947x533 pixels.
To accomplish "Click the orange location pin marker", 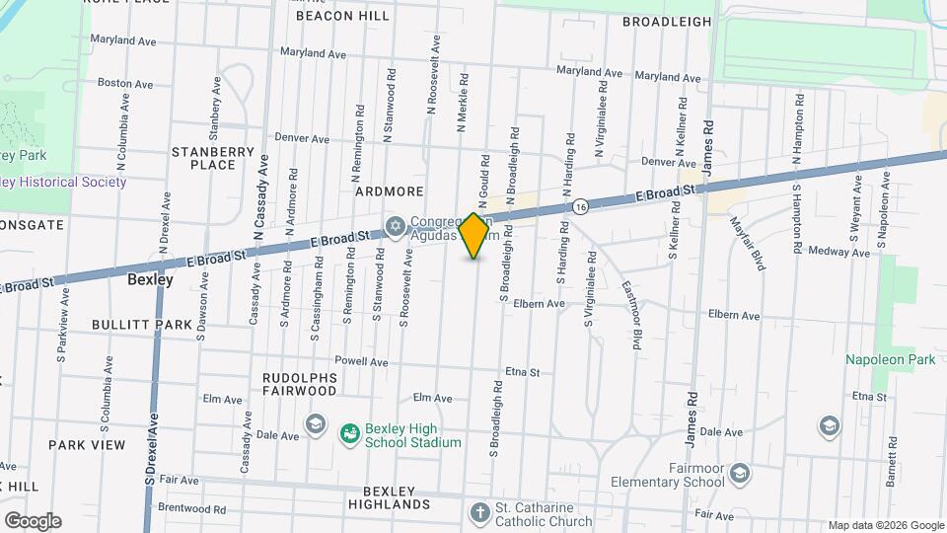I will (473, 236).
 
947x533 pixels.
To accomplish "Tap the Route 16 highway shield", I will (581, 206).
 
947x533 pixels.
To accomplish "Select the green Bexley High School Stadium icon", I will (349, 433).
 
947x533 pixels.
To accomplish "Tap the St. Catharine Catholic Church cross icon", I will (478, 513).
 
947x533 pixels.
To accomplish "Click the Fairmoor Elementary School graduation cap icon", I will (739, 476).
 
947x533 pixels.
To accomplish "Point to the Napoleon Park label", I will (889, 360).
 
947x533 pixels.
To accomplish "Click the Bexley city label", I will (150, 279).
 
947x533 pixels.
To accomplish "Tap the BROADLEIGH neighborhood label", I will (668, 21).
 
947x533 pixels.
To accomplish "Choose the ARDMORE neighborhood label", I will (389, 191).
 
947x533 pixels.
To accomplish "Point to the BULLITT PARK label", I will (141, 324).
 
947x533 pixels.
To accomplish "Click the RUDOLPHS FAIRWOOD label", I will (300, 384).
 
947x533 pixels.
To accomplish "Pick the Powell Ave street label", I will (361, 361).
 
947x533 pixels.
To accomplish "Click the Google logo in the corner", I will (33, 520).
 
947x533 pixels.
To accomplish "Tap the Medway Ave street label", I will (838, 253).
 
